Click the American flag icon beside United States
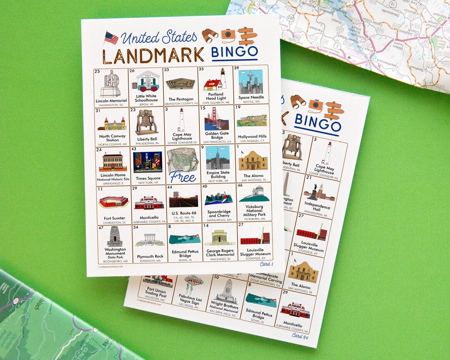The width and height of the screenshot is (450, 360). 111,38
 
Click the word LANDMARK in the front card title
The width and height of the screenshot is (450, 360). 153,55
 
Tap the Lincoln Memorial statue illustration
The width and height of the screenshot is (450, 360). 110,84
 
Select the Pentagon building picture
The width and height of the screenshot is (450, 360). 180,84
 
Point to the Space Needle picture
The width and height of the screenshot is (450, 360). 250,82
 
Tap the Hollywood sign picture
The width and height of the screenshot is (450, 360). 252,120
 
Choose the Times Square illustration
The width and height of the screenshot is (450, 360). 147,162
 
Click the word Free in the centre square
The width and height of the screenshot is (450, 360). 182,177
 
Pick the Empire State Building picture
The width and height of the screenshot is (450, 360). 217,157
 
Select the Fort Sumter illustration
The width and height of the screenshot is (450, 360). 113,202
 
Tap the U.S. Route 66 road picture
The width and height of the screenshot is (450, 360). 183,200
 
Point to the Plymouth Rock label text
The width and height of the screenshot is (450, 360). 150,257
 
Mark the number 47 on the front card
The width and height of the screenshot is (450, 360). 101,228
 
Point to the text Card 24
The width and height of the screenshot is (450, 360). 300,335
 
